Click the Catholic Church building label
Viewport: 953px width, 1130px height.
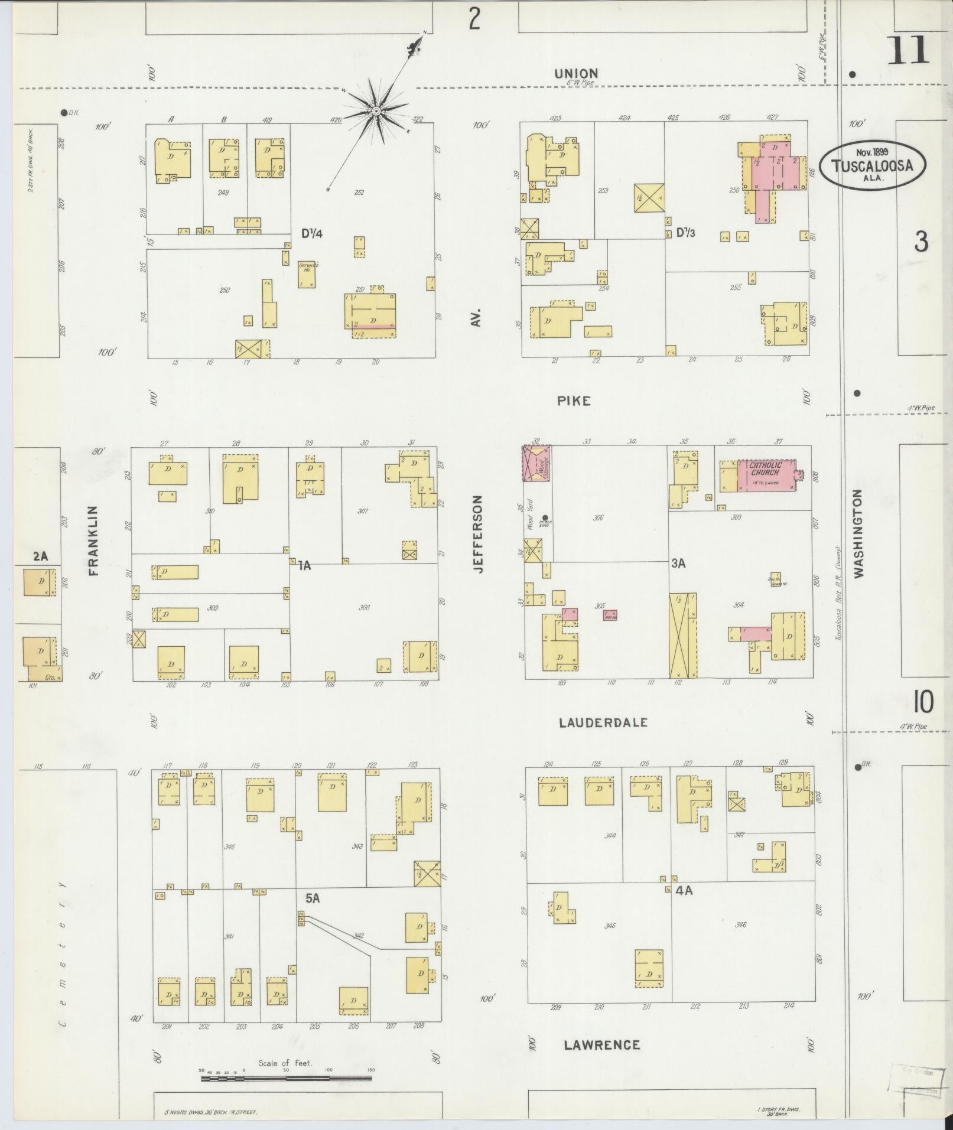(x=765, y=469)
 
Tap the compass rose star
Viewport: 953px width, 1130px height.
(x=375, y=111)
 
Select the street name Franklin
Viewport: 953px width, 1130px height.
(x=93, y=540)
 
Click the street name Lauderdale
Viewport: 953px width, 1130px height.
(x=603, y=722)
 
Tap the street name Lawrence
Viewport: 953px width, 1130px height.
(x=601, y=1044)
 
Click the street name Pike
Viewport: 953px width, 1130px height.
(x=573, y=401)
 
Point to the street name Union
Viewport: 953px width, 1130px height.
(x=575, y=73)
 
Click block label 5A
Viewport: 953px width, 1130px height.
(x=313, y=915)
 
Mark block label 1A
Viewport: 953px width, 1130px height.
(x=304, y=565)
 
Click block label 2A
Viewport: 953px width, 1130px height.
(x=40, y=556)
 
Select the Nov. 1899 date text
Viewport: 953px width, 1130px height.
(x=872, y=151)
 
